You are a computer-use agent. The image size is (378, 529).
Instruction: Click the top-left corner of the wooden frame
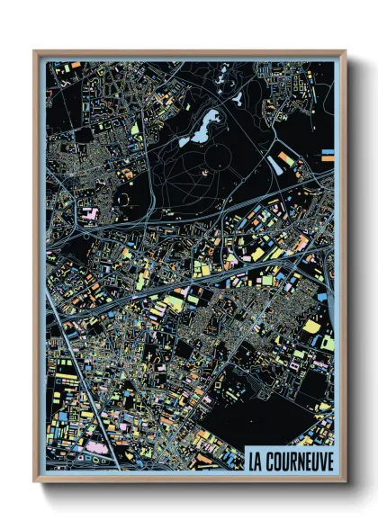(x=35, y=52)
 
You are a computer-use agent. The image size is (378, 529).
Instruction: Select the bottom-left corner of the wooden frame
(x=35, y=481)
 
